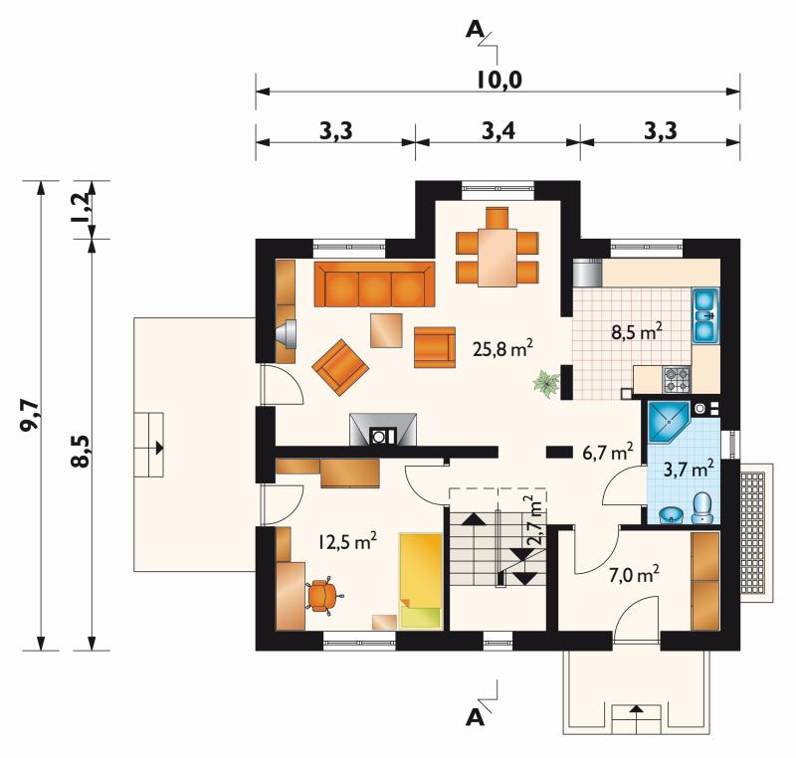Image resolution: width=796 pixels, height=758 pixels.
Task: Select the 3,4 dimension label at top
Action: [x=498, y=131]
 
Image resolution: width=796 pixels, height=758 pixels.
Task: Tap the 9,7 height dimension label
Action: [x=29, y=415]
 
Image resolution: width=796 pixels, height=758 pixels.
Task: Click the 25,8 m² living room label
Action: [x=502, y=348]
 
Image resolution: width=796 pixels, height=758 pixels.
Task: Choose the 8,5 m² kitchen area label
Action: [x=636, y=332]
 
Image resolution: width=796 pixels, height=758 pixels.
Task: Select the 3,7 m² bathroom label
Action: [x=690, y=469]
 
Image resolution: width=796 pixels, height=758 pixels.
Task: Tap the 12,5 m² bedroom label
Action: [x=347, y=542]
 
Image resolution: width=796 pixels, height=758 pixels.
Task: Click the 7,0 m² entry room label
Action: [x=634, y=575]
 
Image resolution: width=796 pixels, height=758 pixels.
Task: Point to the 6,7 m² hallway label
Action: [x=608, y=452]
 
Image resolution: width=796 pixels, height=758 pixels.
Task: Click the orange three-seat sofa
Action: [x=375, y=284]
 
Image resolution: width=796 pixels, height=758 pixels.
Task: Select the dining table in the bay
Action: [x=497, y=258]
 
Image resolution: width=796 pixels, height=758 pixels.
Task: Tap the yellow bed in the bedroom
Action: [x=420, y=580]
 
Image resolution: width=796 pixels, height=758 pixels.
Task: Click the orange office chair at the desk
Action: [x=322, y=595]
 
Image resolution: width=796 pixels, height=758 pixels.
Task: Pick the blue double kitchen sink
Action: [x=705, y=314]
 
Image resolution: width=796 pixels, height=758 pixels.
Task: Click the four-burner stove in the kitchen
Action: [x=677, y=380]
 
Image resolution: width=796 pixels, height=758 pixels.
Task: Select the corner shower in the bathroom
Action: [x=669, y=422]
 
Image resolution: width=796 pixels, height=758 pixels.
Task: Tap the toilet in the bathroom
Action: [x=703, y=507]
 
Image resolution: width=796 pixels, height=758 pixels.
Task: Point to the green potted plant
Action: [x=546, y=383]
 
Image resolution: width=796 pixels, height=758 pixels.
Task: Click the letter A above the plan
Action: [x=475, y=31]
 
